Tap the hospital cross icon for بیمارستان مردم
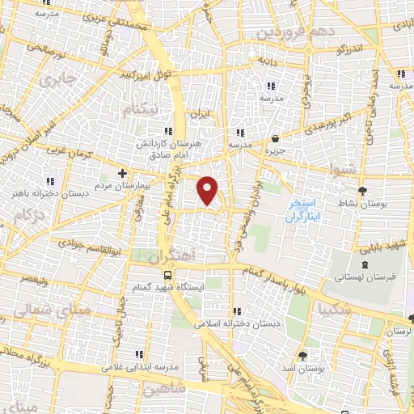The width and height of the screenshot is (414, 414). click(x=122, y=173)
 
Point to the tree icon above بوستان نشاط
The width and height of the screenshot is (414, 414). click(x=362, y=190)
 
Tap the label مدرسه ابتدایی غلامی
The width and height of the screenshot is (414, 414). click(x=133, y=365)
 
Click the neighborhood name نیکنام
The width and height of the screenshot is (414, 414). click(x=138, y=109)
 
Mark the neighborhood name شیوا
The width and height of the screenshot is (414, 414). click(x=342, y=171)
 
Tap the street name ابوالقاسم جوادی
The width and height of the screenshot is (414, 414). click(x=88, y=251)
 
